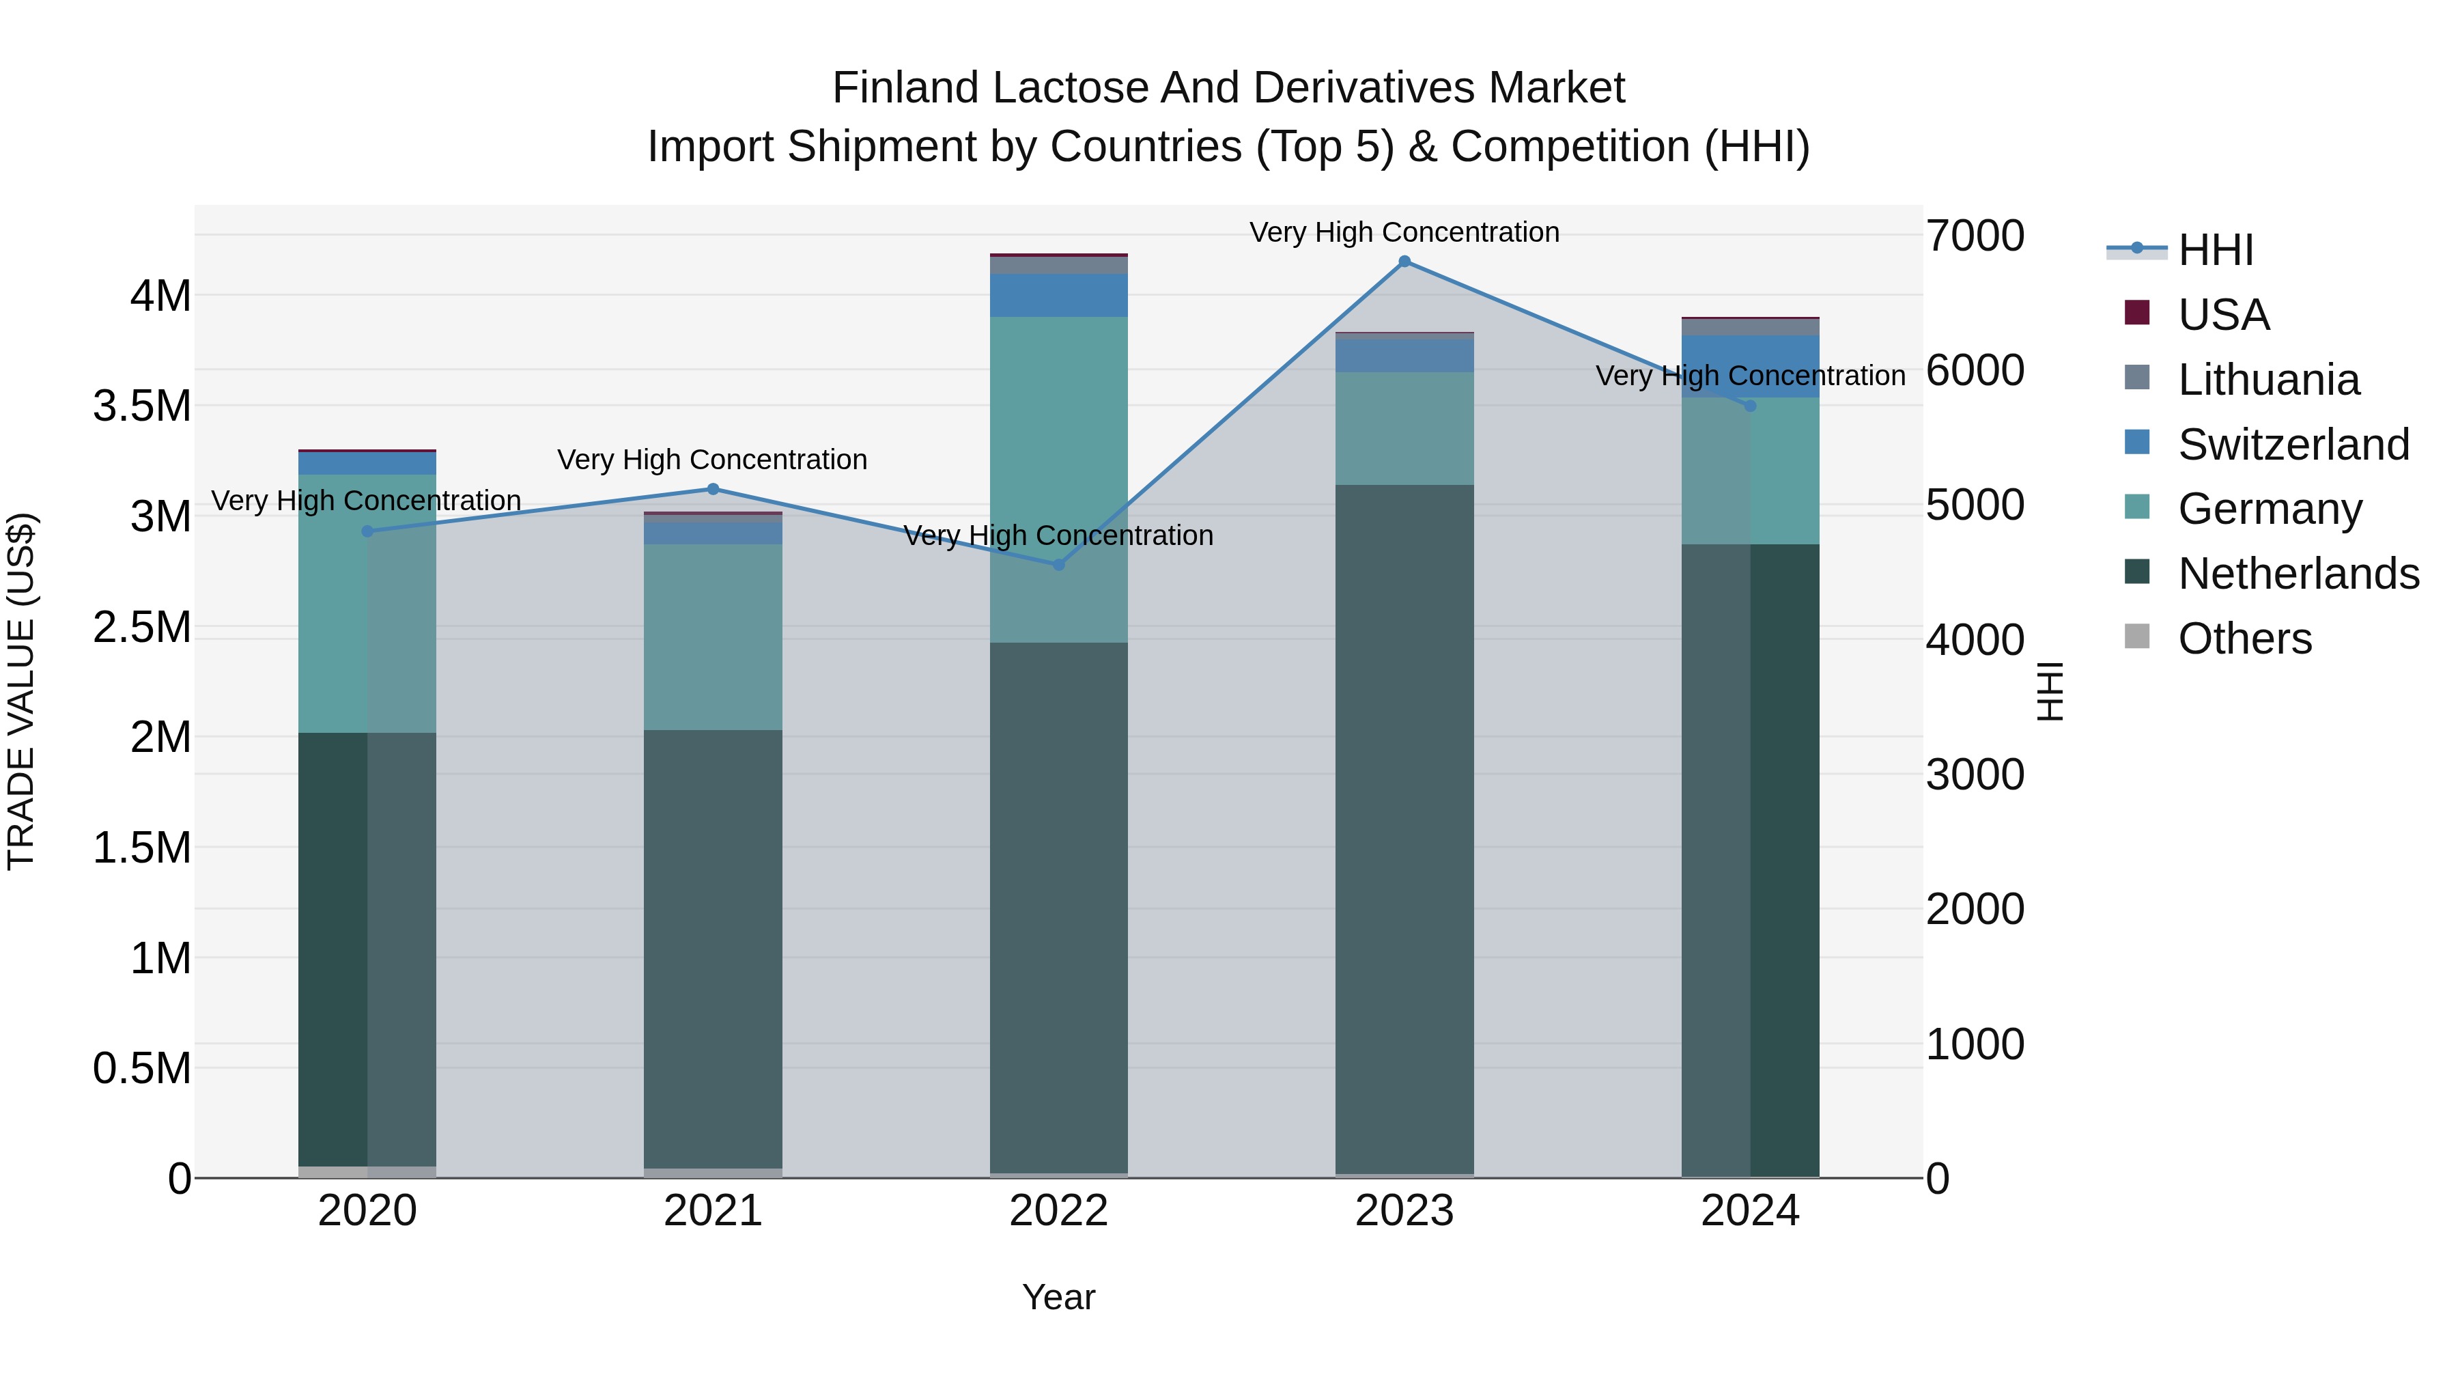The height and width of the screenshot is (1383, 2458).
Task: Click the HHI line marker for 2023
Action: [x=1404, y=262]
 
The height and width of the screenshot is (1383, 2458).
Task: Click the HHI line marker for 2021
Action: [x=713, y=490]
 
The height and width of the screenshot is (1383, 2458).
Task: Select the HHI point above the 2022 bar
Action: [x=1058, y=565]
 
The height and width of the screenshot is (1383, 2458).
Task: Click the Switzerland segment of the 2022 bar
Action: [x=1058, y=295]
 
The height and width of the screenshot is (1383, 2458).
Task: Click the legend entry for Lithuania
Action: [x=2268, y=380]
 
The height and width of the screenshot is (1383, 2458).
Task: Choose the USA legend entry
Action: [x=2222, y=315]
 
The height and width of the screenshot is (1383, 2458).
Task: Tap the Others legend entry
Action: [x=2244, y=639]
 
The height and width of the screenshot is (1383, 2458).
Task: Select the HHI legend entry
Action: [x=2216, y=250]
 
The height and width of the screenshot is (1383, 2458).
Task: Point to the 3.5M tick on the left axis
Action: [x=142, y=406]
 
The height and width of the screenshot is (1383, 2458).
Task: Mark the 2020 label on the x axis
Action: [x=367, y=1211]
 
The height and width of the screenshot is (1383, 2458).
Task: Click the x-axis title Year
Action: [x=1058, y=1297]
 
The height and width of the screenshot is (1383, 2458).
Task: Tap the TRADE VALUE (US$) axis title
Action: [x=21, y=691]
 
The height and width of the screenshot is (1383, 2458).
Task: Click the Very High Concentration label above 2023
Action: [x=1404, y=232]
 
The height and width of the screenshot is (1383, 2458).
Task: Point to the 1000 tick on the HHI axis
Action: [x=1974, y=1044]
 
